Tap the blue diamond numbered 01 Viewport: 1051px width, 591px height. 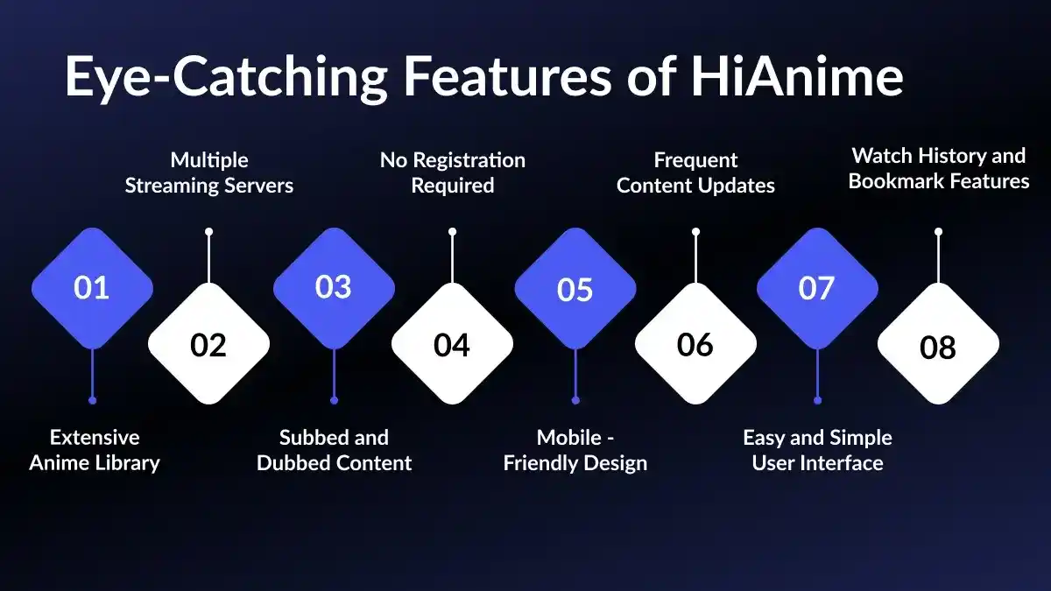click(92, 288)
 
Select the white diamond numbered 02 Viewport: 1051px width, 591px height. click(208, 344)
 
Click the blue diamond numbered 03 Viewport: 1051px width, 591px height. click(334, 288)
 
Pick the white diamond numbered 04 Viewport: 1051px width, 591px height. click(452, 344)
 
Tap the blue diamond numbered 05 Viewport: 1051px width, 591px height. click(575, 288)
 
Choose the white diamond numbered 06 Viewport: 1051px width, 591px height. click(695, 344)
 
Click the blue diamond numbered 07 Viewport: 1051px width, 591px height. click(816, 288)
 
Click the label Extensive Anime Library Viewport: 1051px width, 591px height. click(95, 450)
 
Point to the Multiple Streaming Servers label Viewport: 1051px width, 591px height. click(208, 172)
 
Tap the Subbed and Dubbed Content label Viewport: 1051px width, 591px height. click(334, 450)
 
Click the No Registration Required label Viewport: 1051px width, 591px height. click(453, 172)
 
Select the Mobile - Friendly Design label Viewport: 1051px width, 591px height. click(575, 450)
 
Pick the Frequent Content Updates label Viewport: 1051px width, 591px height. click(696, 172)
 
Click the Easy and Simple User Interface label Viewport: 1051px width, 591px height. click(817, 450)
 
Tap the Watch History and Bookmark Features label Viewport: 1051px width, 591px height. click(939, 168)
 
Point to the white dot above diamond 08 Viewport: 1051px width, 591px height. click(938, 232)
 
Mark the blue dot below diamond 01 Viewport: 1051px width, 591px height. click(92, 400)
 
